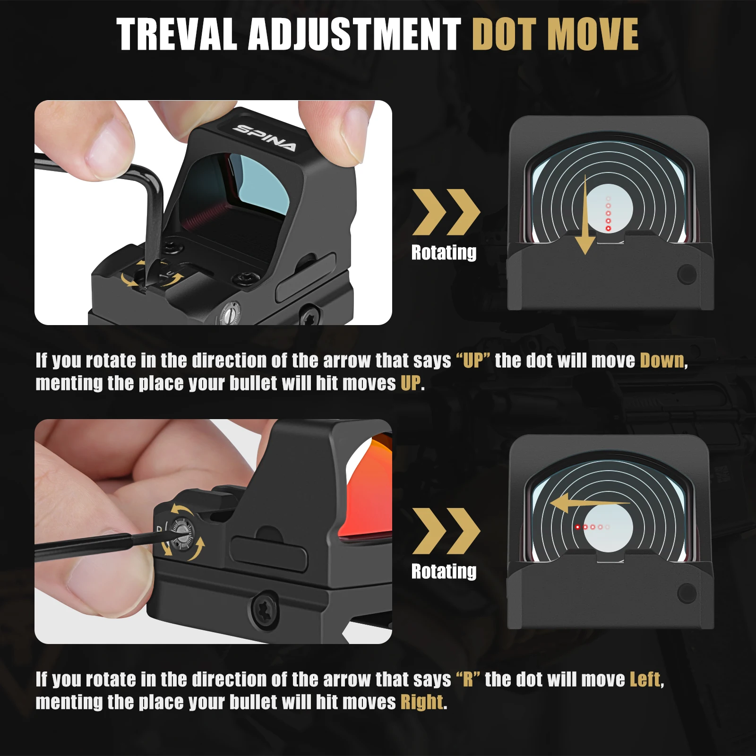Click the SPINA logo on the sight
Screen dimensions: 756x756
[x=266, y=137]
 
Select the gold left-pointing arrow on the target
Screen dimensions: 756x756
[x=588, y=503]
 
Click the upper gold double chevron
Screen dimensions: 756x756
[x=446, y=212]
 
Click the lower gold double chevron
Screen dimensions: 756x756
[x=446, y=531]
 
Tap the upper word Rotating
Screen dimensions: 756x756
[x=444, y=252]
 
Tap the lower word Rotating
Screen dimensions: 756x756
[x=444, y=571]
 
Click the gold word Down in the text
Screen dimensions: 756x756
[x=662, y=361]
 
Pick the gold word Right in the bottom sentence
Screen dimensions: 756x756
[x=422, y=702]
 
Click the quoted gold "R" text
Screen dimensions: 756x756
[x=468, y=679]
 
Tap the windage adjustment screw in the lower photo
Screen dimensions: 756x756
[x=182, y=534]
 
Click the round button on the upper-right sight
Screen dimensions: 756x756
[x=687, y=274]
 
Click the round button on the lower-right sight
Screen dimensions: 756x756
[x=687, y=593]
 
